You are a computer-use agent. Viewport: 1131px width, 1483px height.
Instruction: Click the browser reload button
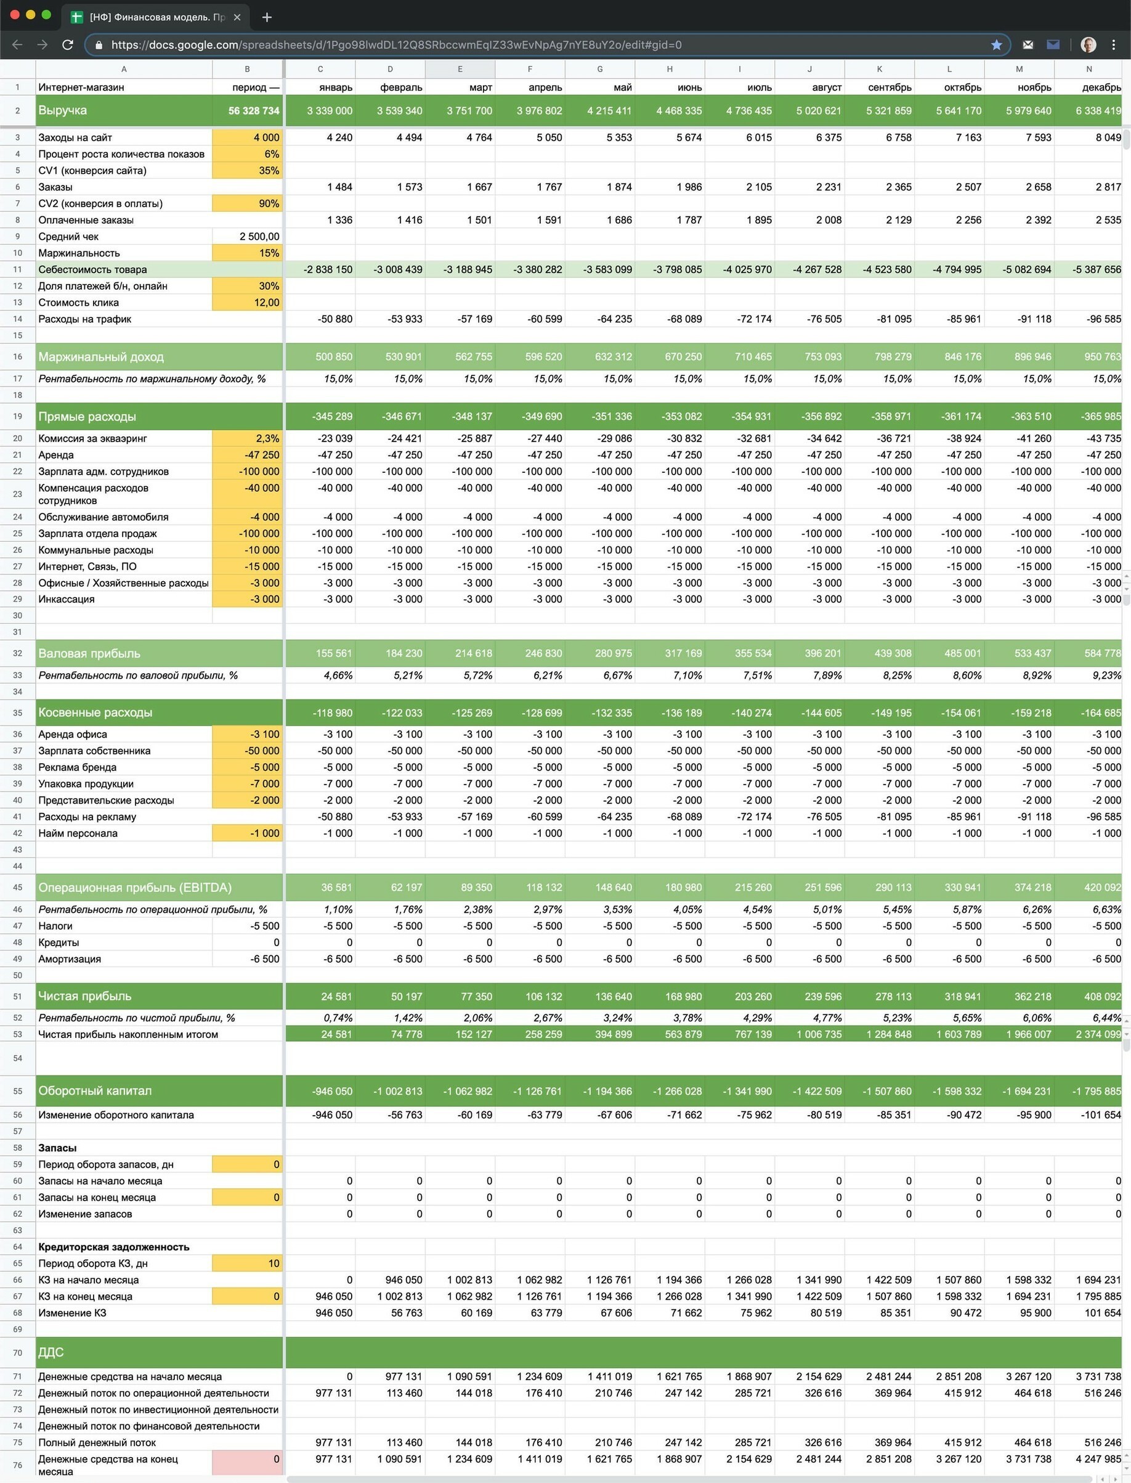67,45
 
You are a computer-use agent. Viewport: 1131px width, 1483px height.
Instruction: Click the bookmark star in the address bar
996,45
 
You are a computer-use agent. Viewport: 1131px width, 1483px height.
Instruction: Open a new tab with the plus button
267,17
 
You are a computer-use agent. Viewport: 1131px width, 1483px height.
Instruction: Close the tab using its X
237,17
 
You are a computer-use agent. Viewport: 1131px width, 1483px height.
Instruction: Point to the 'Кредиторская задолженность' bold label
114,1246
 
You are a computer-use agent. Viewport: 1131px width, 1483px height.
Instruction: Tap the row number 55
17,1091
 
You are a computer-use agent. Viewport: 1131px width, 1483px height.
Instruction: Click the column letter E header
460,68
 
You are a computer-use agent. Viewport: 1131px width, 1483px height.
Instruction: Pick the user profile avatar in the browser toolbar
1088,45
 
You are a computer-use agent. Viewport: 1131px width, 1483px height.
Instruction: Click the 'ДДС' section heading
51,1352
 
